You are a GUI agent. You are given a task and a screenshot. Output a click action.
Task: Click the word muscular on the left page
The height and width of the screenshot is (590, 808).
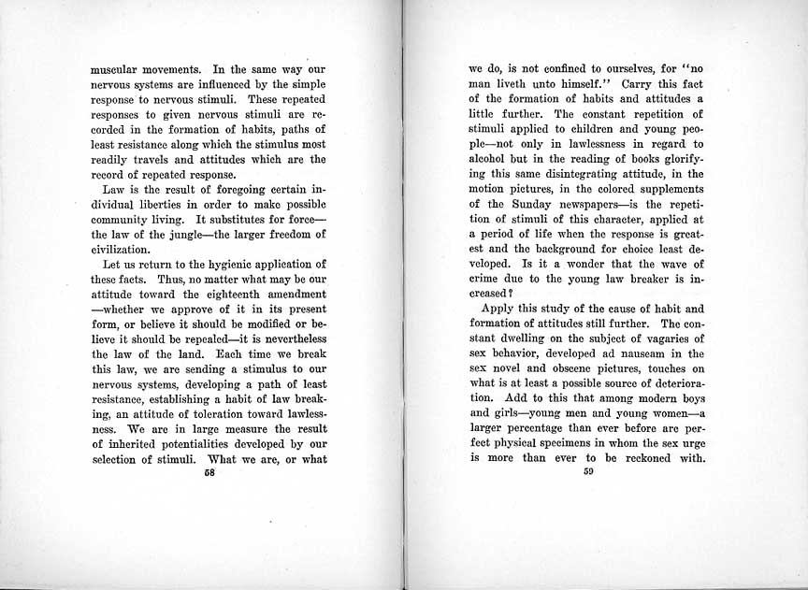click(117, 68)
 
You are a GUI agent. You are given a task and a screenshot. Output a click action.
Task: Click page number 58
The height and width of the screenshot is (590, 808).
click(209, 472)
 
